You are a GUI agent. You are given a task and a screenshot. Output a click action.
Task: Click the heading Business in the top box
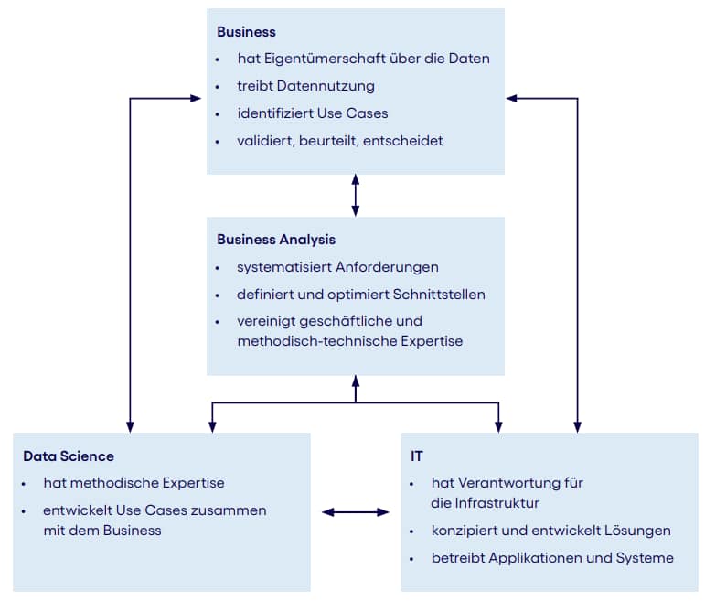pos(246,32)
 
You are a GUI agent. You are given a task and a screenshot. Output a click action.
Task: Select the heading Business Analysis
pos(276,240)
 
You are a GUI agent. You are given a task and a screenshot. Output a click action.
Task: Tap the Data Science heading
pos(69,456)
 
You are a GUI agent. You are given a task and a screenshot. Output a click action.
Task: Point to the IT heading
pos(417,456)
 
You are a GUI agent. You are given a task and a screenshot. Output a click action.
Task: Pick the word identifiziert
pos(275,113)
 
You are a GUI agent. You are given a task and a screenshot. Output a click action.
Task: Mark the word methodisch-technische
pos(313,341)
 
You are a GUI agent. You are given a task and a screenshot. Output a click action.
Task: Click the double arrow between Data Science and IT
pos(355,512)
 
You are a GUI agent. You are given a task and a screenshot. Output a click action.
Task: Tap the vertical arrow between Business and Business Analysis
pos(356,195)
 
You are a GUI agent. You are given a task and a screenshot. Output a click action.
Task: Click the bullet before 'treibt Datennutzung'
pos(218,87)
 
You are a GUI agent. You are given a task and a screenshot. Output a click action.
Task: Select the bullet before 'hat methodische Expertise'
pos(24,484)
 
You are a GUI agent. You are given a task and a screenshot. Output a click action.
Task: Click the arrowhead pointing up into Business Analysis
pos(356,381)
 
